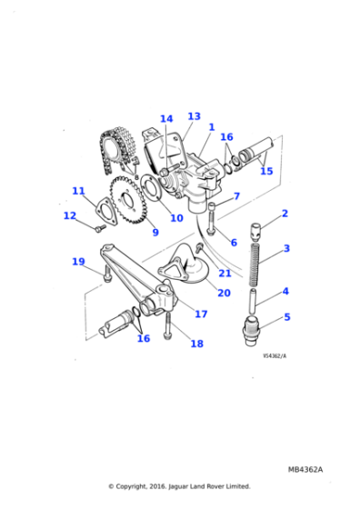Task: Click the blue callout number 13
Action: [x=195, y=116]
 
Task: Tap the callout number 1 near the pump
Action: [x=212, y=127]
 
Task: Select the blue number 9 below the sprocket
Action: [x=155, y=232]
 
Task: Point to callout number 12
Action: [x=70, y=215]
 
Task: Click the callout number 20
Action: [x=224, y=293]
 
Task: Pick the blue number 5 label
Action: [x=287, y=317]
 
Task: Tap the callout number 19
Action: [x=78, y=262]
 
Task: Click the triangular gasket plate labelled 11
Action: [x=105, y=210]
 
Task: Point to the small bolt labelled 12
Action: [x=100, y=228]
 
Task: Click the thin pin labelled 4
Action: [x=254, y=301]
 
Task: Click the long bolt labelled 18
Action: [x=168, y=326]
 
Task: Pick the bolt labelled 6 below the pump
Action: [x=211, y=219]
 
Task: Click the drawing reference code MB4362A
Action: [x=305, y=470]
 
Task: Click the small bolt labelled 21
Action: [x=199, y=247]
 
